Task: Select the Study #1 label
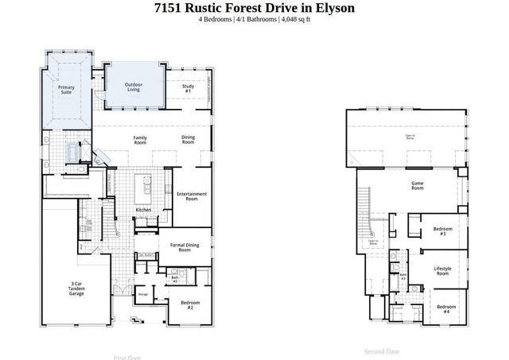(x=188, y=88)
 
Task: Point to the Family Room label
(x=140, y=140)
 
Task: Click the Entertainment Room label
(x=192, y=196)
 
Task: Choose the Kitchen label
(x=143, y=210)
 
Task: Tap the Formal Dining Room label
(x=185, y=248)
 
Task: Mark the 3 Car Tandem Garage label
(x=76, y=288)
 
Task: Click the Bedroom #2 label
(x=190, y=304)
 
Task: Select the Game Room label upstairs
(x=417, y=186)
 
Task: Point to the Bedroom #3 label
(x=442, y=231)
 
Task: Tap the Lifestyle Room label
(x=442, y=271)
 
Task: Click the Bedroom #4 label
(x=445, y=308)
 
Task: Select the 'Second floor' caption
(x=382, y=351)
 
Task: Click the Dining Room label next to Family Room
(x=188, y=140)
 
